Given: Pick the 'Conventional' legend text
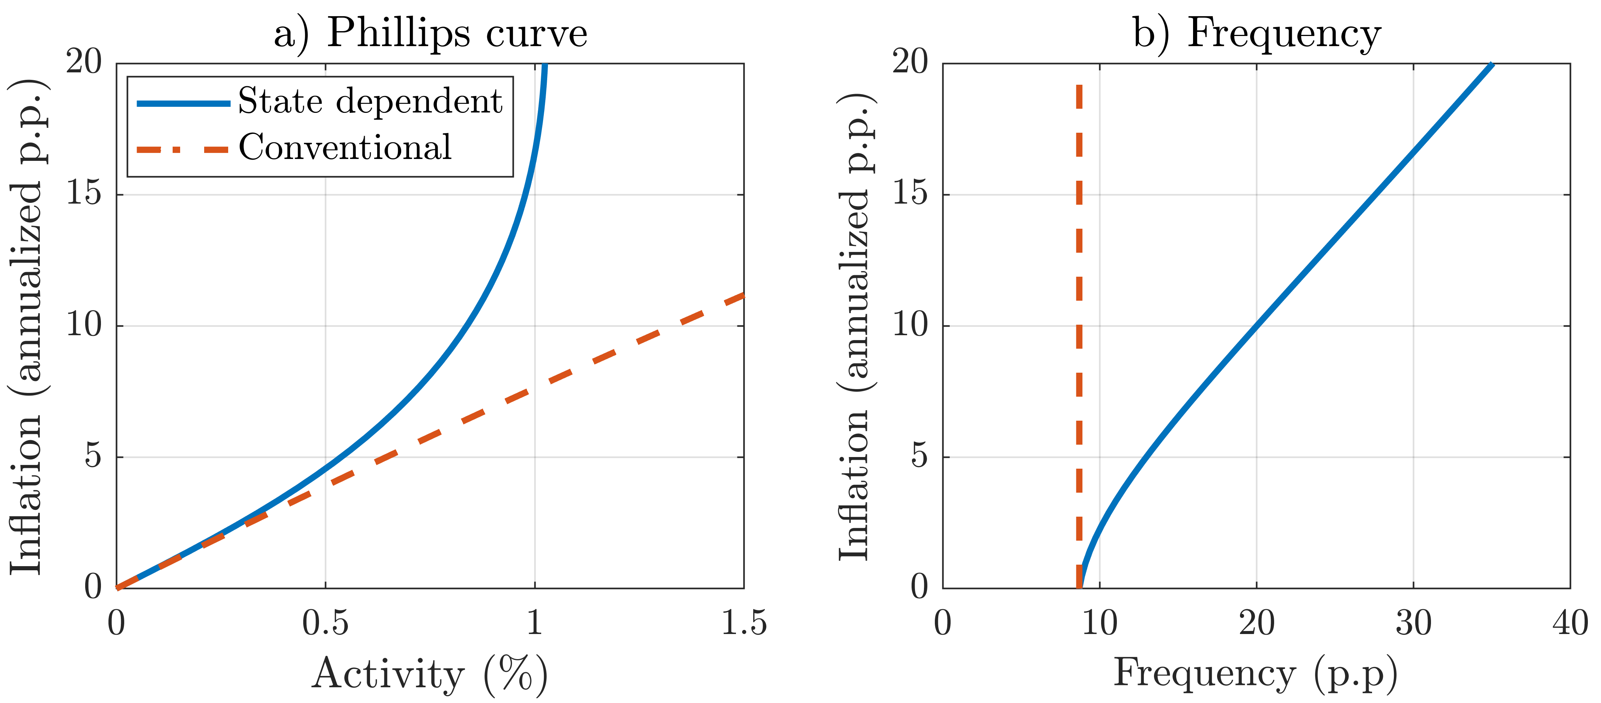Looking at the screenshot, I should tap(345, 148).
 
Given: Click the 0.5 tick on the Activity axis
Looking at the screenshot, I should tap(325, 623).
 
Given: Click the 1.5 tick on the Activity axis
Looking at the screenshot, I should tap(743, 623).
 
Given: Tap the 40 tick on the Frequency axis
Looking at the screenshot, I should tap(1570, 623).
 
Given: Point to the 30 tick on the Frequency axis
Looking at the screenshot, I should tap(1413, 623).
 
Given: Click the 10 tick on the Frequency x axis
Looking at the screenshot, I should tap(1100, 623).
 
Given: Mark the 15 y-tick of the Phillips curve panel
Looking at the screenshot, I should tap(84, 194).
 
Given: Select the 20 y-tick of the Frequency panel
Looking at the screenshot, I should tap(910, 62).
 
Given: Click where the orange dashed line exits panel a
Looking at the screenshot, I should tap(743, 295).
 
